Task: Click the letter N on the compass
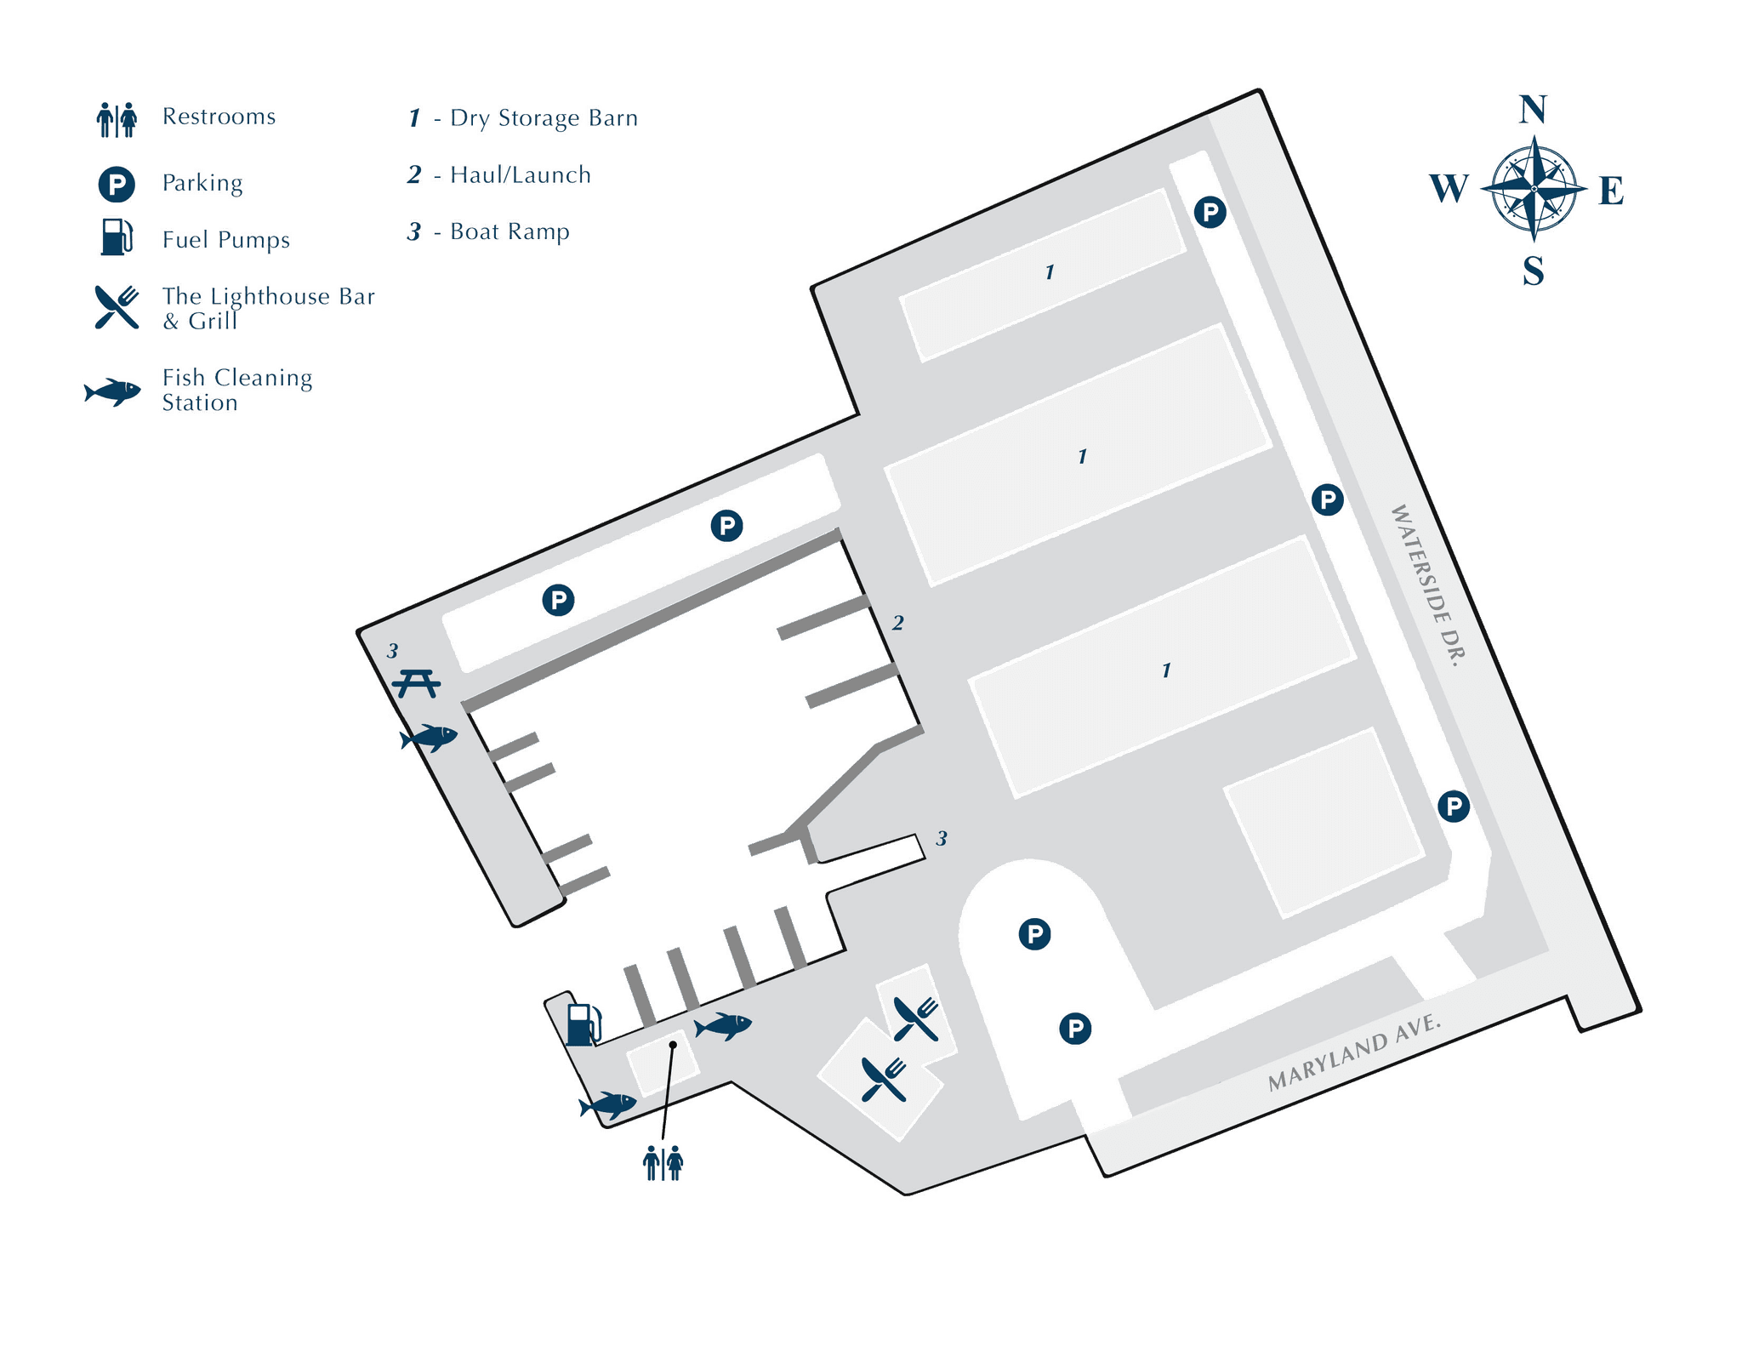[1533, 111]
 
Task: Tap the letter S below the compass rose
[1533, 271]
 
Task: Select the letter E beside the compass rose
[1610, 190]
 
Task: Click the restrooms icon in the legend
[117, 119]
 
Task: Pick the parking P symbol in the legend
[116, 185]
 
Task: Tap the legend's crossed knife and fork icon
[117, 306]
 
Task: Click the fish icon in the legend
[112, 391]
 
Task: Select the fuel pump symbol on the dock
[584, 1024]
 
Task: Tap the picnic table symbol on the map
[417, 682]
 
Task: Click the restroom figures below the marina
[663, 1163]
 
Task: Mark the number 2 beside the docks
[897, 624]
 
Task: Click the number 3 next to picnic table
[392, 651]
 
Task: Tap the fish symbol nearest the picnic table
[428, 737]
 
